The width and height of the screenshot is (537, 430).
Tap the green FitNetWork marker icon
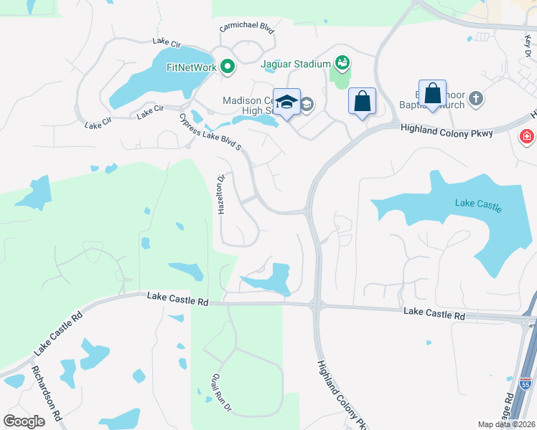[228, 68]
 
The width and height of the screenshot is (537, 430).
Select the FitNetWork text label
[192, 68]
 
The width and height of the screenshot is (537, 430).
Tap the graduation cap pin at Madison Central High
[287, 102]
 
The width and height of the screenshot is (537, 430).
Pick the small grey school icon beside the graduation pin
[307, 105]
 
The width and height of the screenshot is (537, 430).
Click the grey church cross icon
[475, 97]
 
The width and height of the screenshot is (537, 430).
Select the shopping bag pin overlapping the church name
[433, 94]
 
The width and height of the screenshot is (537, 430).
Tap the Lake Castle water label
[477, 205]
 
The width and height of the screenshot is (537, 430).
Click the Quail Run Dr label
[218, 393]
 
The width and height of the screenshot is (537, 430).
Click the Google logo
[24, 421]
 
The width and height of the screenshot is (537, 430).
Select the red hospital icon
[527, 136]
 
